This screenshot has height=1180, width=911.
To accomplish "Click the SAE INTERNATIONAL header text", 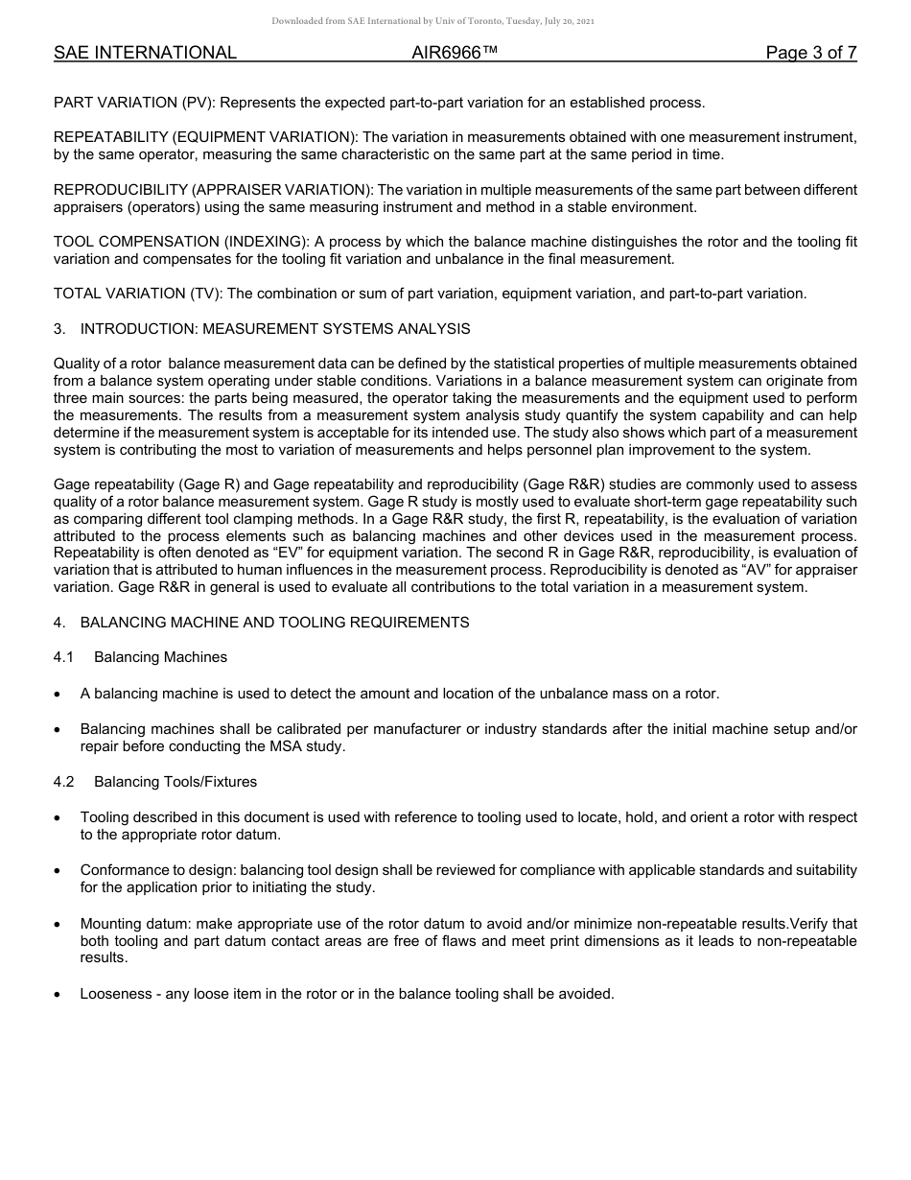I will [x=145, y=53].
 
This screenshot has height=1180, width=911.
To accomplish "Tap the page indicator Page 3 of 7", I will [x=810, y=53].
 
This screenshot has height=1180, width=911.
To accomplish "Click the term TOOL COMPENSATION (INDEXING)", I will [x=178, y=243].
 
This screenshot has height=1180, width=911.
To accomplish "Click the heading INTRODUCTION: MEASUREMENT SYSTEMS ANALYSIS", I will [x=275, y=329].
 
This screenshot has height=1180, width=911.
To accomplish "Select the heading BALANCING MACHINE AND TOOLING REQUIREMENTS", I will [x=274, y=623].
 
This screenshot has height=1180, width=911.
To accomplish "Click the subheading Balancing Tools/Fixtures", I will [x=175, y=782].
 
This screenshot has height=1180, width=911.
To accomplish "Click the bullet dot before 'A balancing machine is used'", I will [x=59, y=694].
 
